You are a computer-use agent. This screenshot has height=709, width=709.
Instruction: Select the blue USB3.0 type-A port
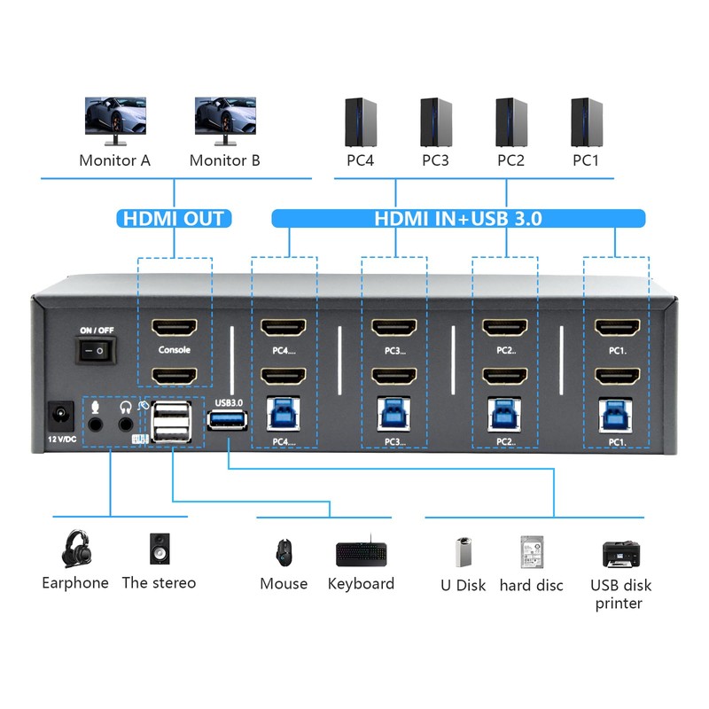pyautogui.click(x=228, y=420)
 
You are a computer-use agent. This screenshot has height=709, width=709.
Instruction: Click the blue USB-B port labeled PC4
pyautogui.click(x=283, y=412)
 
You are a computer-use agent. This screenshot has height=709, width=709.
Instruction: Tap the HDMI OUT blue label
pyautogui.click(x=174, y=218)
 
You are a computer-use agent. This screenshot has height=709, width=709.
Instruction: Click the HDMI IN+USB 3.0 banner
pyautogui.click(x=457, y=218)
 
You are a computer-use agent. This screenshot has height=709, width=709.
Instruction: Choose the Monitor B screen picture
pyautogui.click(x=225, y=116)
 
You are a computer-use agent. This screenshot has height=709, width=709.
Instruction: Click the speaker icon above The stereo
pyautogui.click(x=159, y=549)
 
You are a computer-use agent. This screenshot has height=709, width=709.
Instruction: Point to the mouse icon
pyautogui.click(x=284, y=551)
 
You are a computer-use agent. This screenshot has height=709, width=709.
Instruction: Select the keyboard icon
pyautogui.click(x=361, y=554)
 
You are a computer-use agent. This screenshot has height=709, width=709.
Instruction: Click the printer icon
pyautogui.click(x=621, y=554)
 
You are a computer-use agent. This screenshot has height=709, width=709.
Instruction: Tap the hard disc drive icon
pyautogui.click(x=532, y=551)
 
